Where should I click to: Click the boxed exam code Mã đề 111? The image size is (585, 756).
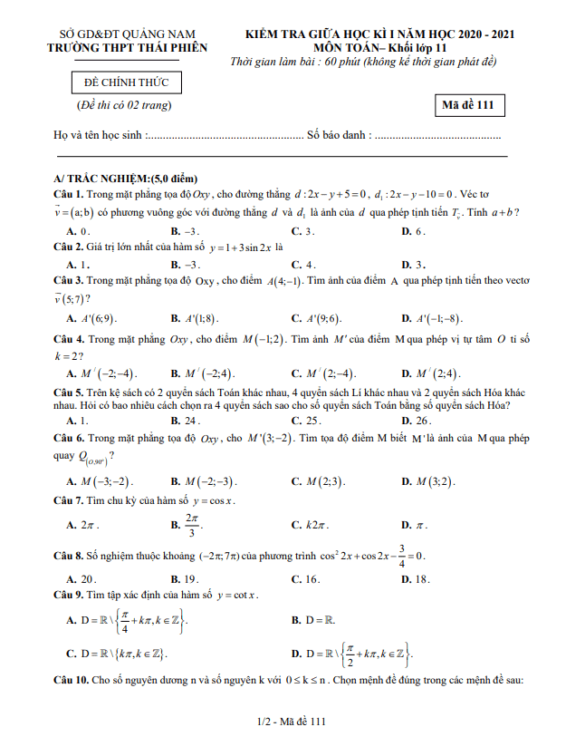coord(467,105)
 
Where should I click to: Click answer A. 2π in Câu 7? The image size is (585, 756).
coord(83,525)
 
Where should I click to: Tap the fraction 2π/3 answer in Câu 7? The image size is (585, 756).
coord(191,523)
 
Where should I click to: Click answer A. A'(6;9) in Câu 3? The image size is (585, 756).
coord(92,318)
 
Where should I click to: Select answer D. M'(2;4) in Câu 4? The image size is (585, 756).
coord(431,373)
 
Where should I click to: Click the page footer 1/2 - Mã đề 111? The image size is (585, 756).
coord(292,722)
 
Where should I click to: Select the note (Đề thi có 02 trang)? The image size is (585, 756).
coord(124,105)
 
